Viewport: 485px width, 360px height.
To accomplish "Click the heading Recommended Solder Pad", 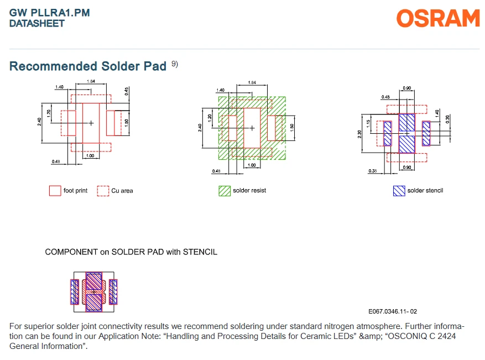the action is pos(88,66).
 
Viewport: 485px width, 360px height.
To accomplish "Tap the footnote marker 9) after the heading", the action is pos(175,64).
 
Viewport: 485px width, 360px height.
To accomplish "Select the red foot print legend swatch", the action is pos(55,191).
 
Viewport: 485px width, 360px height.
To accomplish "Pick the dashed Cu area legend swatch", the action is pos(103,191).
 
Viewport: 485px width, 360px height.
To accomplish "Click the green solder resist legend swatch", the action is pos(225,191).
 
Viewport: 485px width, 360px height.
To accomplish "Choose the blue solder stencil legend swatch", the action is pos(399,191).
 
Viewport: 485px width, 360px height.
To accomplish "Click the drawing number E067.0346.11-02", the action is pos(393,311).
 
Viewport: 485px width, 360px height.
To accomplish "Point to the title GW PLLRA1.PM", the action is pos(49,13).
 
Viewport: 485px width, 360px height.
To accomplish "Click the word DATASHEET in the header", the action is pos(37,24).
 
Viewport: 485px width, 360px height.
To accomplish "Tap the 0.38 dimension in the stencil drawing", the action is pos(372,171).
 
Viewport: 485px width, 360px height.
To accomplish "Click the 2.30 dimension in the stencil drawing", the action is pos(359,134).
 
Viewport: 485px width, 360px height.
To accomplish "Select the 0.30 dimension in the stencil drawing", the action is pos(447,119).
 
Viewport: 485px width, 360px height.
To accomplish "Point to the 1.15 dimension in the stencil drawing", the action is pos(368,123).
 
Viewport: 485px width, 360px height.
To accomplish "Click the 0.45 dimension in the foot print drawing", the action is pos(127,91).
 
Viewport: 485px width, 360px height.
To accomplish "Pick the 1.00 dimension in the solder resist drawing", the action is pos(252,165).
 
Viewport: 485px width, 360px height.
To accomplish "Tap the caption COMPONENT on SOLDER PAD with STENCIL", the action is pos(131,252).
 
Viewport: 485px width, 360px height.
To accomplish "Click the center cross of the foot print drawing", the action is pos(91,123).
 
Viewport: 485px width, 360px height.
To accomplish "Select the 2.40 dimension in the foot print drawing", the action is pos(39,122).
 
